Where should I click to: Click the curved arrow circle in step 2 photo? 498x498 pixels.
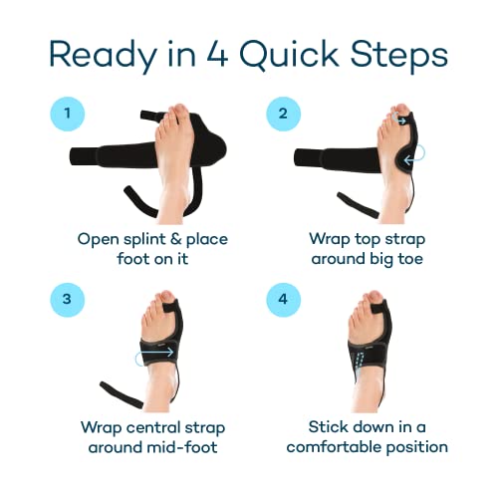[x=410, y=153]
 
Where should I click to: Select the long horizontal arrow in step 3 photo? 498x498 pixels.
[x=153, y=352]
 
